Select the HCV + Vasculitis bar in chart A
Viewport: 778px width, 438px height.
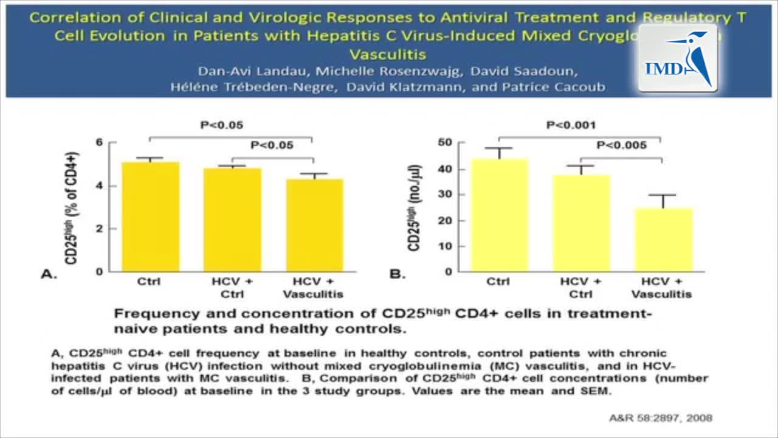point(314,225)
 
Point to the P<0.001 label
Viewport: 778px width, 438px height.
point(571,125)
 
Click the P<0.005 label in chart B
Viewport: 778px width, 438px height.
point(622,145)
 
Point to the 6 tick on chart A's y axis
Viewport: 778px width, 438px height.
point(99,142)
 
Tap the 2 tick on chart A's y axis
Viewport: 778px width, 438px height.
point(99,229)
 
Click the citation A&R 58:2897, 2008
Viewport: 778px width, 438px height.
point(660,418)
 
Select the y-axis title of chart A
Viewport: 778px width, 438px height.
point(72,207)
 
